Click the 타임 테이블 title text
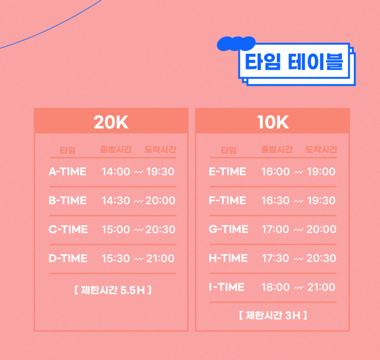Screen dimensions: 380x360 [x=294, y=62]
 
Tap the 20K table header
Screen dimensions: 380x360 [x=111, y=122]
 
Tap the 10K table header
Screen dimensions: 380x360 [x=273, y=122]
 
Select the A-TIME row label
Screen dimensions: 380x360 [x=67, y=172]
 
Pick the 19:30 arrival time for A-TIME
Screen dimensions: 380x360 [x=160, y=172]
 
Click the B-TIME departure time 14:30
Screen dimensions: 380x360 [x=116, y=200]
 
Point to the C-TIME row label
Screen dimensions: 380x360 [x=68, y=229]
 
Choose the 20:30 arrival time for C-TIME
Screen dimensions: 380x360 [x=160, y=229]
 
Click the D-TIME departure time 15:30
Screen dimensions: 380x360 [x=116, y=258]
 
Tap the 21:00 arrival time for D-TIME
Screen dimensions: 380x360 [x=160, y=258]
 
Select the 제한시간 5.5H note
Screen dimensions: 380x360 [x=113, y=290]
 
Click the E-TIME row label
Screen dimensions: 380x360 [x=227, y=172]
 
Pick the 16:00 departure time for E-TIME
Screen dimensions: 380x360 [x=275, y=172]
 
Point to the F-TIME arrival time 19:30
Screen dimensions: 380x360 [x=321, y=200]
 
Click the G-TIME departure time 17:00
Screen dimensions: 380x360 [x=275, y=229]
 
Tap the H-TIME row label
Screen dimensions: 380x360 [x=228, y=258]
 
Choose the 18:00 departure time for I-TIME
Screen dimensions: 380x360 [x=275, y=287]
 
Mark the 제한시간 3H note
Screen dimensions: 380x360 [x=273, y=315]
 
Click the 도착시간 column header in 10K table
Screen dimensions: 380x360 [x=321, y=149]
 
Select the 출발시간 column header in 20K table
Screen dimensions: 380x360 [x=116, y=149]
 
